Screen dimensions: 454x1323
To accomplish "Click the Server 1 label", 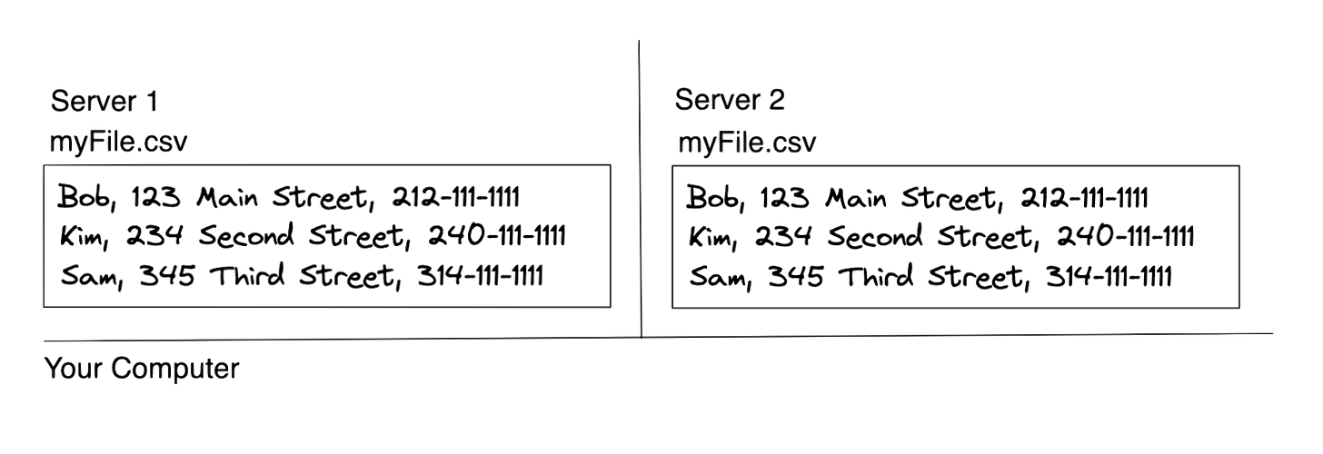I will click(x=104, y=102).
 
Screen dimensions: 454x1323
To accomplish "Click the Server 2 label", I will click(x=730, y=99).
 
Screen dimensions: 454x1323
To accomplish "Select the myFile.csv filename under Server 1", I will click(x=119, y=142).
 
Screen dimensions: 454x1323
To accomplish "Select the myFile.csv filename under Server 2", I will click(x=747, y=143).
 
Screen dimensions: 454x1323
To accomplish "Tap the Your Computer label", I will click(x=141, y=369).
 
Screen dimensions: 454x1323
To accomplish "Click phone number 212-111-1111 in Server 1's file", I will click(x=454, y=197).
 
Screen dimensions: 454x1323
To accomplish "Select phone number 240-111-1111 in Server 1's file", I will click(x=495, y=237).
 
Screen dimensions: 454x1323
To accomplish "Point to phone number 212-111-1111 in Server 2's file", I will click(x=1083, y=198).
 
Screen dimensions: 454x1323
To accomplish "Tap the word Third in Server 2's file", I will click(x=876, y=276).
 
